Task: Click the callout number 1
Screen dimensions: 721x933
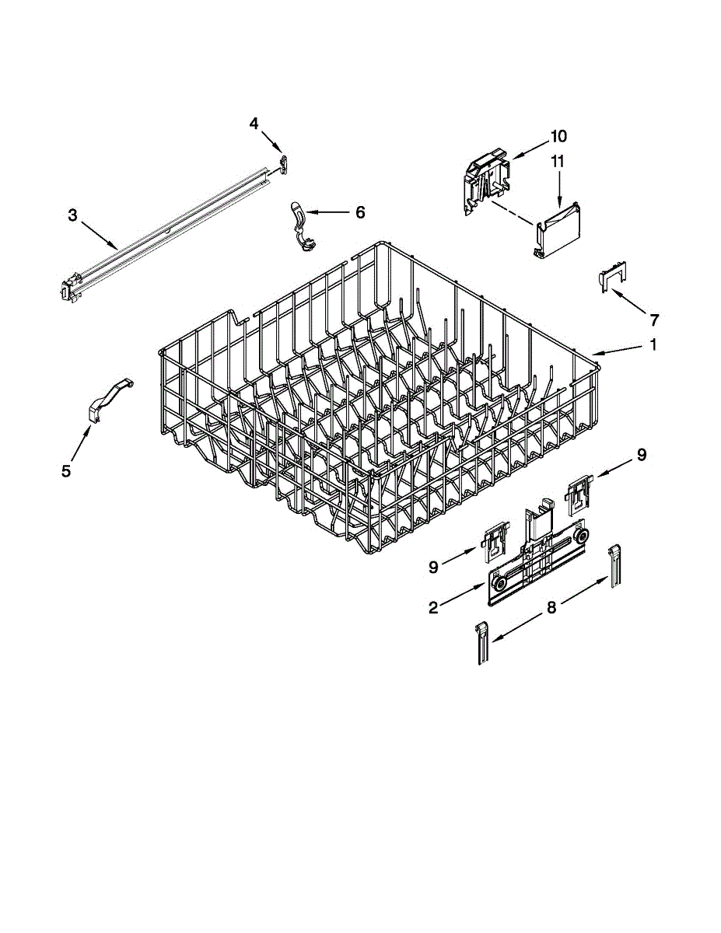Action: [x=653, y=344]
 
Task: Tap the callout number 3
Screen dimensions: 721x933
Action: [x=72, y=215]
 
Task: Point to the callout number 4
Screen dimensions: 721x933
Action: [x=254, y=124]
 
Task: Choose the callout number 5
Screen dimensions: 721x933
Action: [x=66, y=470]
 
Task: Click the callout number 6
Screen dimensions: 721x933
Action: [x=359, y=211]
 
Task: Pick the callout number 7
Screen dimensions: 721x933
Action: [x=653, y=319]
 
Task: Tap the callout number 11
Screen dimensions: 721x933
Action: [x=558, y=162]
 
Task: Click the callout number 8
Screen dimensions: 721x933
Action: [x=551, y=608]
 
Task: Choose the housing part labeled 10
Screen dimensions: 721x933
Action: [x=488, y=180]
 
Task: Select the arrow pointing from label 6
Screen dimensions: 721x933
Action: [x=331, y=211]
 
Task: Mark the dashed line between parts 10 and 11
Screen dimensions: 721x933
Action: [x=513, y=215]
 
